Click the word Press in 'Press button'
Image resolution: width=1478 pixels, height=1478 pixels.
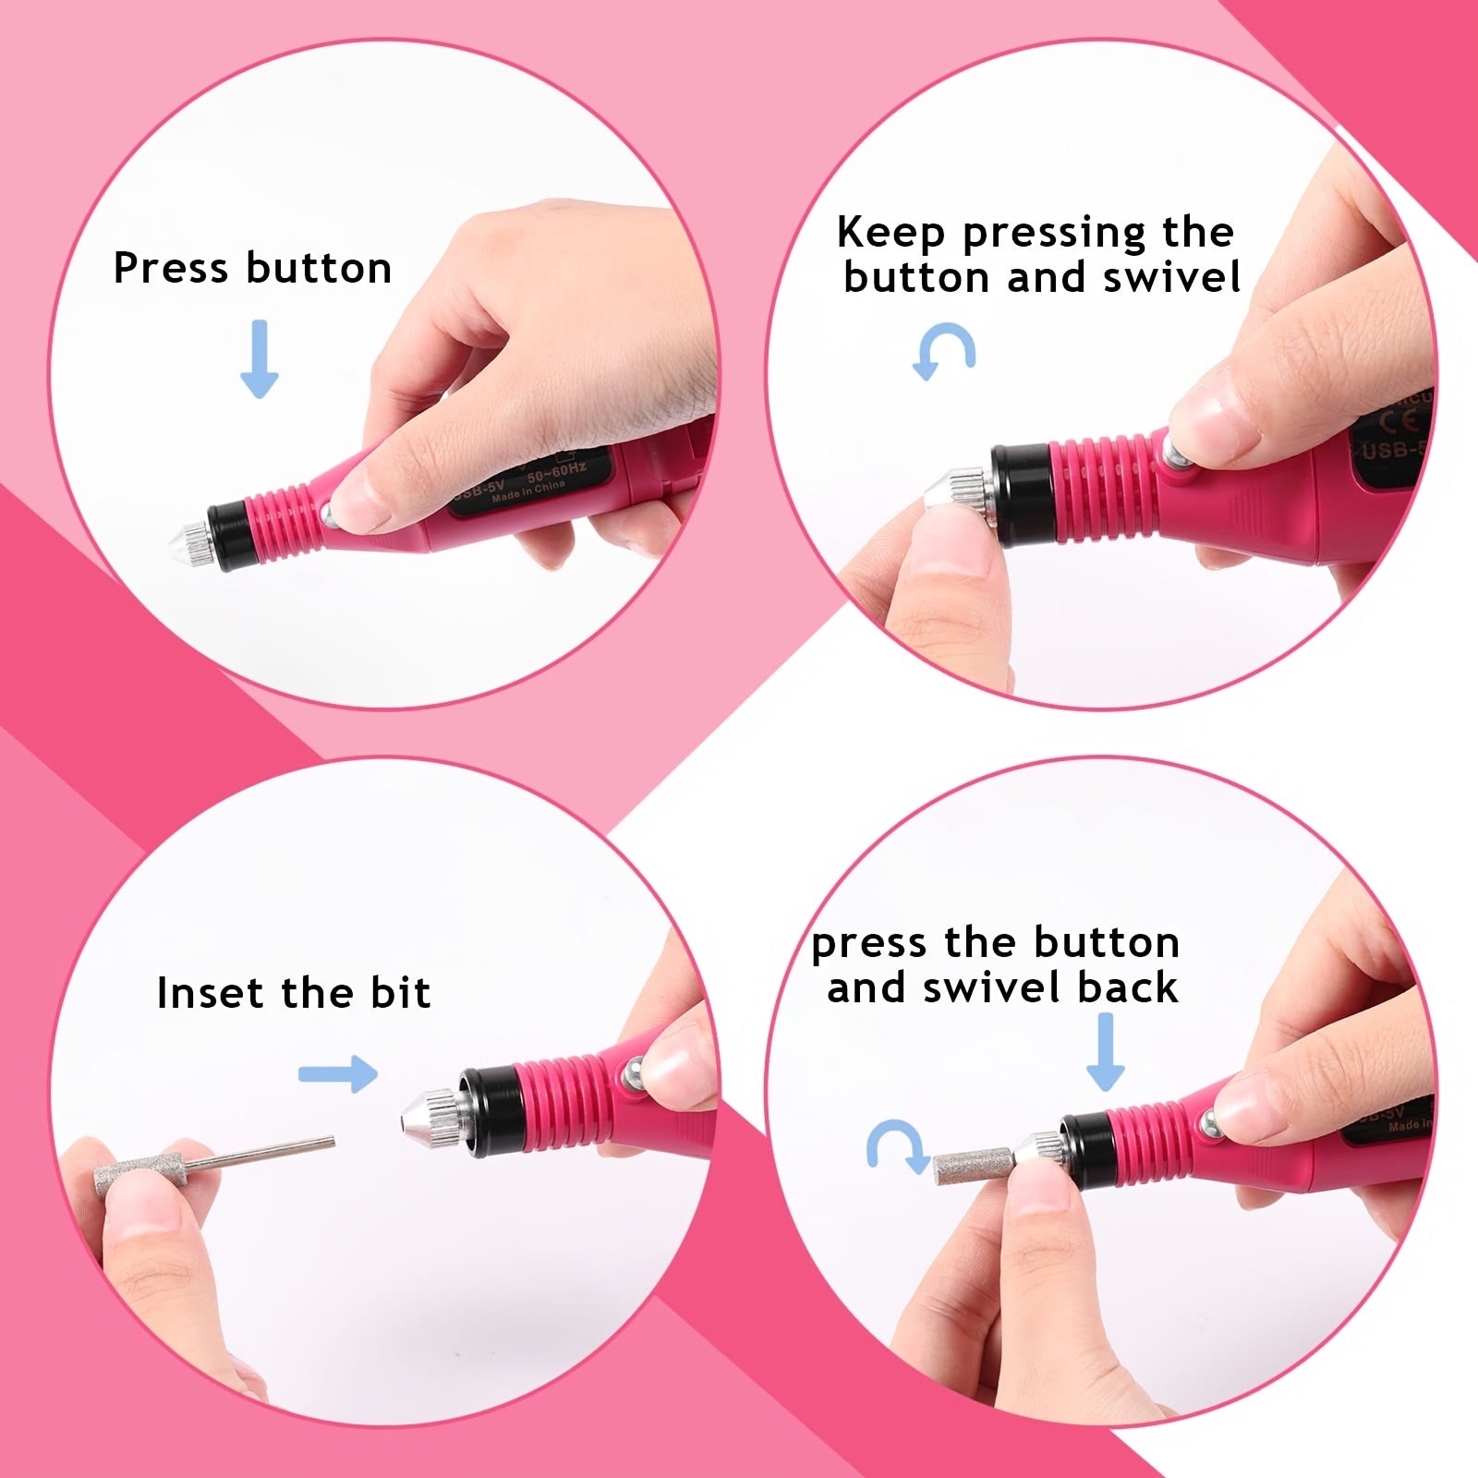171,268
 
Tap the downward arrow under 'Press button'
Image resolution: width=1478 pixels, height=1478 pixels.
260,358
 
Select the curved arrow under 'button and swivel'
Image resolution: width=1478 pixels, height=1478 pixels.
944,352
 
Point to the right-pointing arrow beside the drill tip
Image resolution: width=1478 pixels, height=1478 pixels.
339,1073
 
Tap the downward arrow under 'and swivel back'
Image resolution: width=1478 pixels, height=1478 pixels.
1105,1051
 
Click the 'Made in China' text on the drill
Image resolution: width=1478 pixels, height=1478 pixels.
527,491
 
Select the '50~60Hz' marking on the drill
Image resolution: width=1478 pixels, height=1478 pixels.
556,473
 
